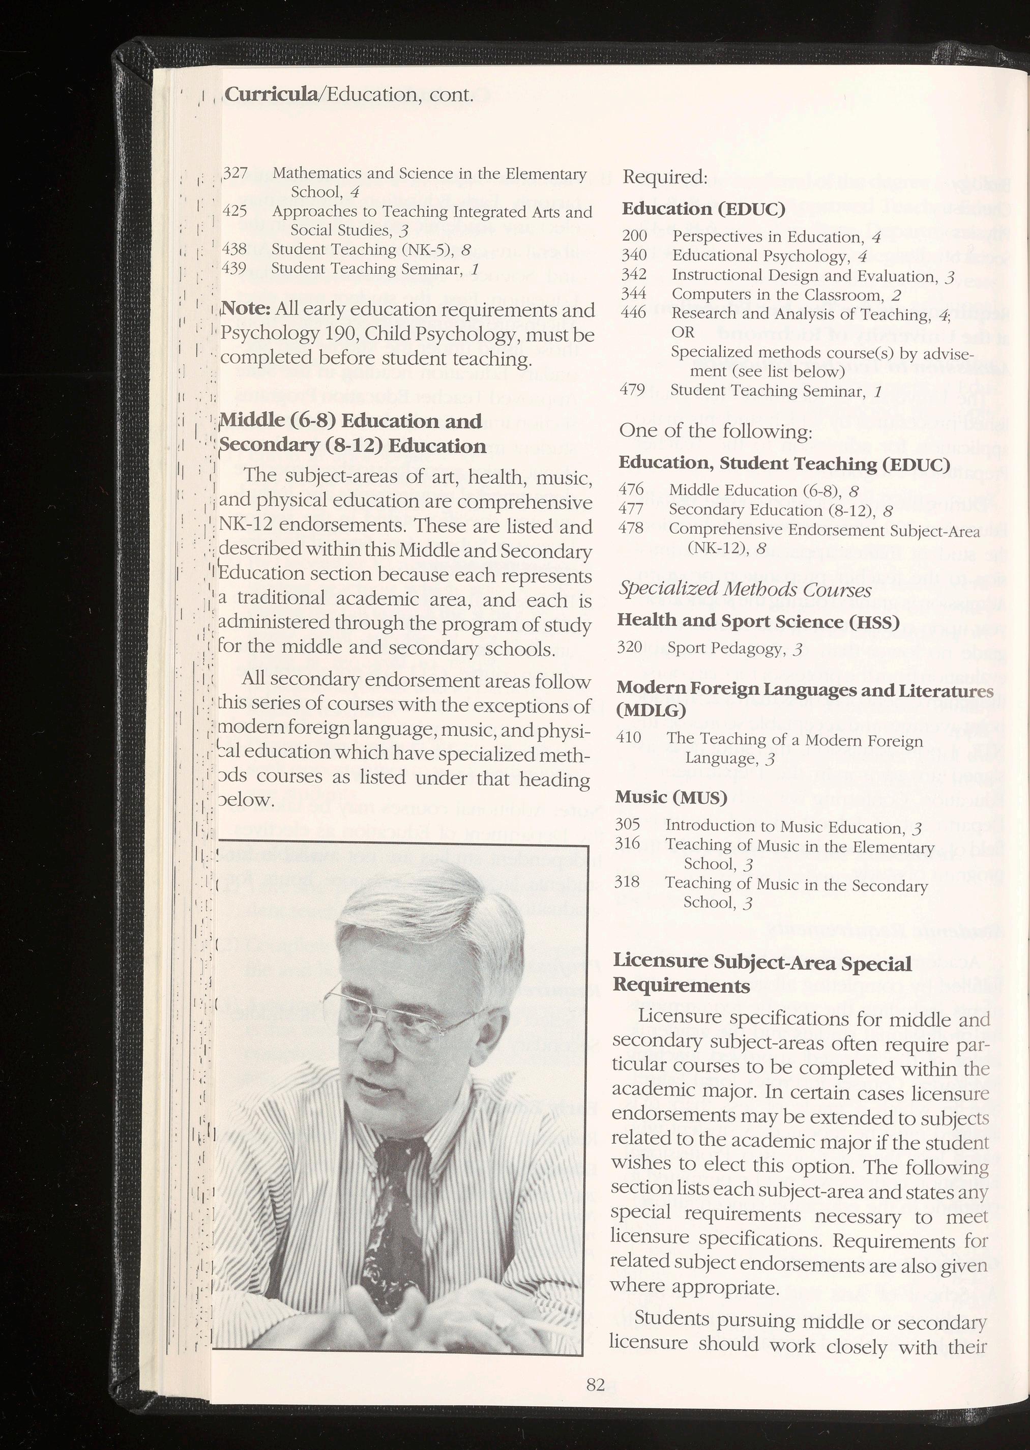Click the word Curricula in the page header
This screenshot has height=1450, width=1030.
(x=272, y=95)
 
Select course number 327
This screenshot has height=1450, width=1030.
(x=236, y=172)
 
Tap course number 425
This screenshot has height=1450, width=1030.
(x=236, y=211)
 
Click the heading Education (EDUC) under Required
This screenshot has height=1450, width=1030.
(x=703, y=209)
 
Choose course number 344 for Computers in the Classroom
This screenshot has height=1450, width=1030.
(x=634, y=294)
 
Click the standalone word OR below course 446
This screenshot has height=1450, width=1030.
(x=683, y=332)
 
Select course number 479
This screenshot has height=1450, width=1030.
(x=632, y=390)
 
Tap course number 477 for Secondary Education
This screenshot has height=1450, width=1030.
(x=631, y=509)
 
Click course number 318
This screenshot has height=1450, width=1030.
(x=627, y=882)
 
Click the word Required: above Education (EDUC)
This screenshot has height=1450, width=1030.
(x=665, y=178)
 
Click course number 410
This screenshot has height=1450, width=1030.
(x=629, y=738)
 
